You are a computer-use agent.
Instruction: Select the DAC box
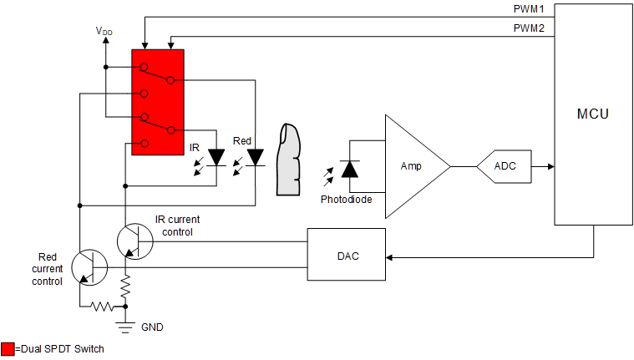click(347, 255)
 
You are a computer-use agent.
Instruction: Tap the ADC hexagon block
click(505, 166)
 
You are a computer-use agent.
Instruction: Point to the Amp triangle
click(412, 166)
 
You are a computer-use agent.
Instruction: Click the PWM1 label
click(528, 8)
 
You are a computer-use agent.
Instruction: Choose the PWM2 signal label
click(528, 28)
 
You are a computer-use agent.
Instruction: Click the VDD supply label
click(104, 32)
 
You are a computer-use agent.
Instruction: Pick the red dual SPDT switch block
click(158, 101)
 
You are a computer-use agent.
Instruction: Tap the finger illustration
click(290, 159)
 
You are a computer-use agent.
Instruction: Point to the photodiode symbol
click(350, 168)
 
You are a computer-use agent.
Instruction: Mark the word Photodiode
click(346, 200)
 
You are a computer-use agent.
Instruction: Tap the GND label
click(152, 327)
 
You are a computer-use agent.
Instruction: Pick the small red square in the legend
click(8, 349)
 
